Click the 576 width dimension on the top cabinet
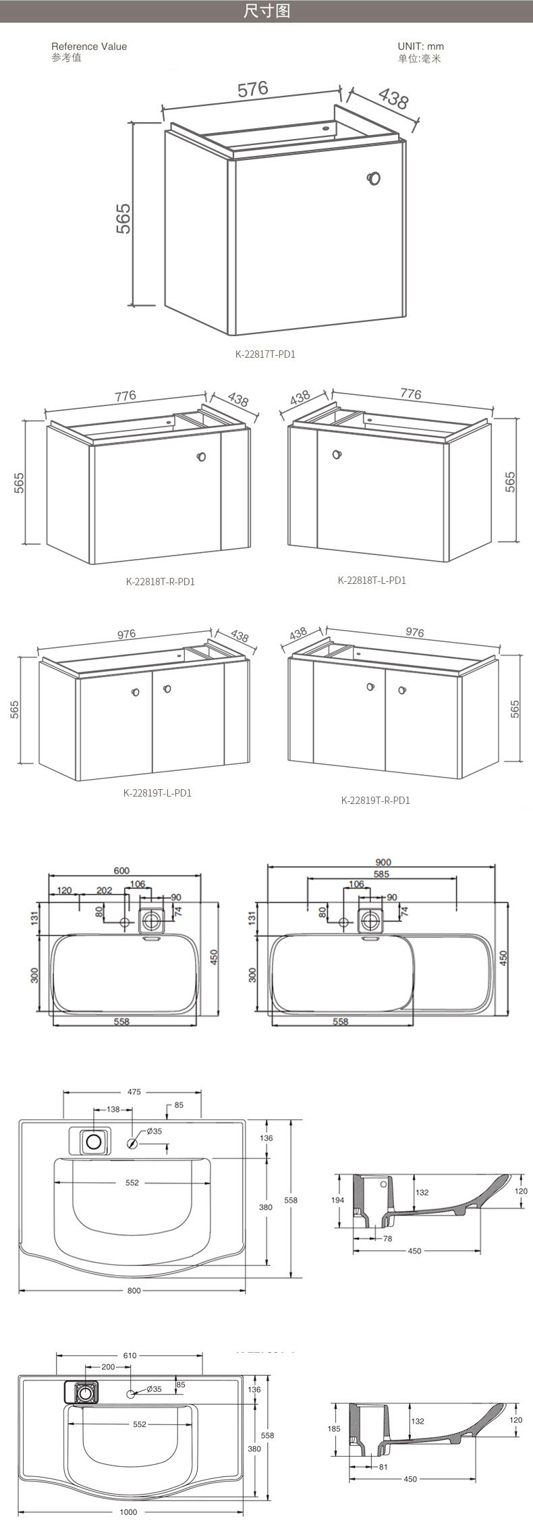click(x=252, y=89)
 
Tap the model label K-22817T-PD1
click(x=265, y=352)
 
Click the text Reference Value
click(x=89, y=47)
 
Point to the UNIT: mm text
click(x=421, y=47)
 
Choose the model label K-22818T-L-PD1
click(x=372, y=581)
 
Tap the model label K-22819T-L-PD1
click(x=157, y=793)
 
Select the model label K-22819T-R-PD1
click(x=376, y=801)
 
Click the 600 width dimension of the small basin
click(x=121, y=871)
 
